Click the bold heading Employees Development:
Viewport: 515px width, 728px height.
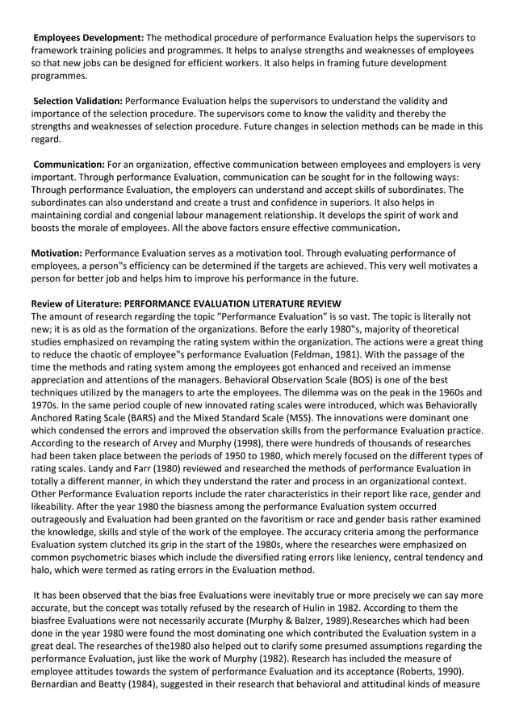[88, 38]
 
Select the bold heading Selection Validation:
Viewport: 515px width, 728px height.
[77, 101]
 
